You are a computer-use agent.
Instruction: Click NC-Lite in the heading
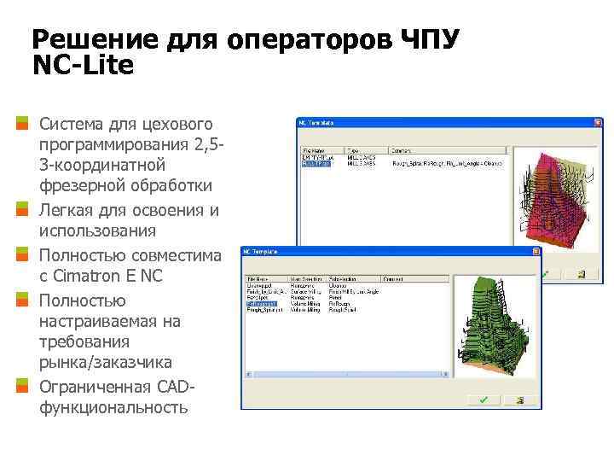pyautogui.click(x=83, y=66)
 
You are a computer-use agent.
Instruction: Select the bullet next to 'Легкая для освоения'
pyautogui.click(x=23, y=209)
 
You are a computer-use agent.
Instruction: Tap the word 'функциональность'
pyautogui.click(x=113, y=407)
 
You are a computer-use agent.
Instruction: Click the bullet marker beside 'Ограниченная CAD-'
pyautogui.click(x=23, y=385)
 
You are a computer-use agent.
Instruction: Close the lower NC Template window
pyautogui.click(x=536, y=252)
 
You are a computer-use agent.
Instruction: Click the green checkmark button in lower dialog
pyautogui.click(x=483, y=400)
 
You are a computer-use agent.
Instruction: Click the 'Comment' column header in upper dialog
pyautogui.click(x=401, y=150)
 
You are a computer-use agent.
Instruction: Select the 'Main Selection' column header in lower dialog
pyautogui.click(x=305, y=278)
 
